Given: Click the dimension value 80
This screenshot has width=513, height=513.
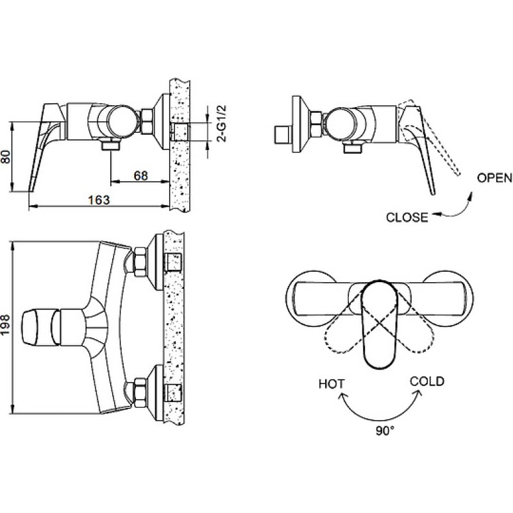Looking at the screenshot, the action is pos(6,157).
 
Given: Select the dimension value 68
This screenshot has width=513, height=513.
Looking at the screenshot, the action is pos(140,176).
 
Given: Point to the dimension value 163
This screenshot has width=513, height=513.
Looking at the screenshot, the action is pos(99,199).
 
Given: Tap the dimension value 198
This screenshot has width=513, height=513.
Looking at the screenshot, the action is pos(6,324).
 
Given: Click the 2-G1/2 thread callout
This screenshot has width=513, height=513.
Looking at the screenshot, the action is pos(222,123).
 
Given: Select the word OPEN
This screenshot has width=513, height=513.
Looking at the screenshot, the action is pos(494,178).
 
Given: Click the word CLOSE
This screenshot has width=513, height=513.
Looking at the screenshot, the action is pos(407,217).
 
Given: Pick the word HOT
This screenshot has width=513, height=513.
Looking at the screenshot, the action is pos(332,383).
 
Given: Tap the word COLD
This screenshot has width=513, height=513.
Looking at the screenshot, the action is pos(427,382).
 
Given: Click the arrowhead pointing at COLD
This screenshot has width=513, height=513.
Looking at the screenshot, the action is pos(419,394).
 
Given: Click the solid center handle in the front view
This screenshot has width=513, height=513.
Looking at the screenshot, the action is pos(380,324).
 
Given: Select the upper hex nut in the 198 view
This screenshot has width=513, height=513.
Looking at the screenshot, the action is pos(140,262).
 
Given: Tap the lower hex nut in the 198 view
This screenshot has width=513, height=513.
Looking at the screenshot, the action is pos(140,392).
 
